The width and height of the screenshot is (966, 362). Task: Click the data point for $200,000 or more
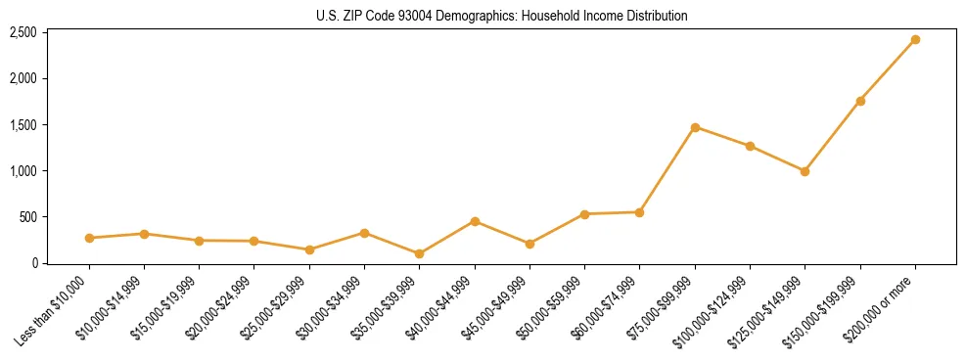coord(915,40)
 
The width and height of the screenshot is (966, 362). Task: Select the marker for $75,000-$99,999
coord(695,127)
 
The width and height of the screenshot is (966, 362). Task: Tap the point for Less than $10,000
coord(89,238)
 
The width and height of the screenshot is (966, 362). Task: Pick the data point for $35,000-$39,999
coord(420,253)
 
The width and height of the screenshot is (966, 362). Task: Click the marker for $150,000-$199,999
coord(860,101)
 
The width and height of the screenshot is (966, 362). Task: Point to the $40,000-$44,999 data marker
coord(475,221)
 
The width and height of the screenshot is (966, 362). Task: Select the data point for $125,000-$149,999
coord(805,171)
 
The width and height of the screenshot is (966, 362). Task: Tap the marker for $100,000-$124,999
coord(750,146)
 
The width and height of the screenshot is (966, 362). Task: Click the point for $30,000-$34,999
coord(364,233)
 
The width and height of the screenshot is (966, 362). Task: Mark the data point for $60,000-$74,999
coord(639,212)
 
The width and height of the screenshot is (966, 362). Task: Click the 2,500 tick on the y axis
coord(23,32)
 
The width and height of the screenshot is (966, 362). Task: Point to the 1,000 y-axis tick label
coord(23,171)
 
